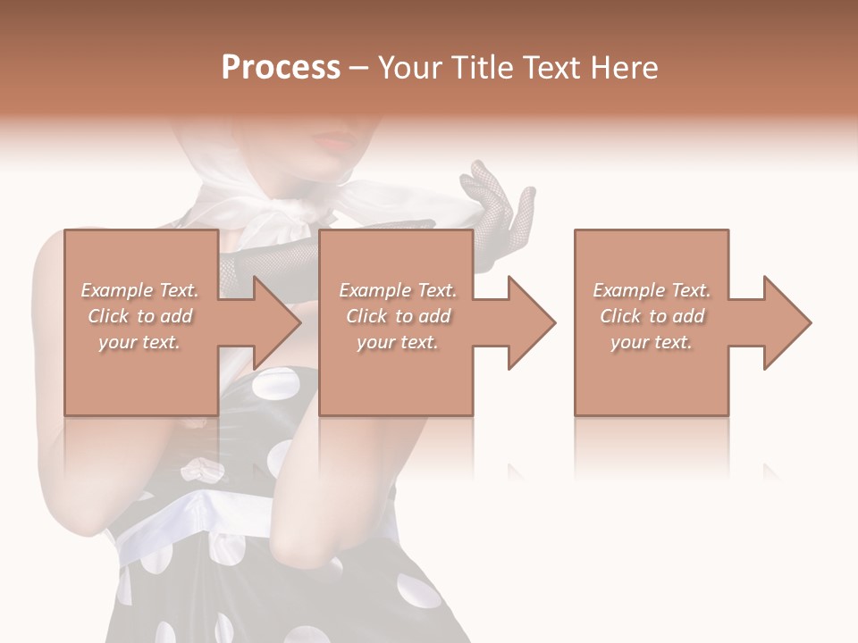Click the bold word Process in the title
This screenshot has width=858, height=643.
click(281, 68)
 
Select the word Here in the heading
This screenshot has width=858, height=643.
click(625, 68)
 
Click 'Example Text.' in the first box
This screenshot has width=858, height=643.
click(139, 290)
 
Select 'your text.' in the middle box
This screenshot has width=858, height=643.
click(397, 342)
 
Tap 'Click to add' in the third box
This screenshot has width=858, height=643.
click(652, 316)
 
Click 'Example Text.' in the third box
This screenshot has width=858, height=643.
click(652, 290)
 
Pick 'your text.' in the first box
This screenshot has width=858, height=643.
click(139, 342)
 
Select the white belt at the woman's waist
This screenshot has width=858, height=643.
click(179, 527)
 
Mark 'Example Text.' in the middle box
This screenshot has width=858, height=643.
click(397, 290)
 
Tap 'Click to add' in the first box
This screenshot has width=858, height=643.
click(139, 316)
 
